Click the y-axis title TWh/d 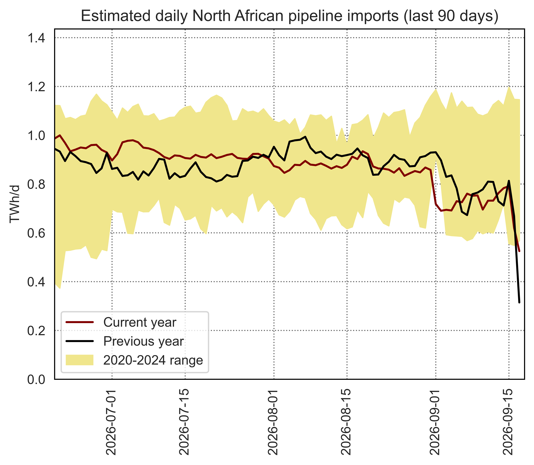click(15, 204)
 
